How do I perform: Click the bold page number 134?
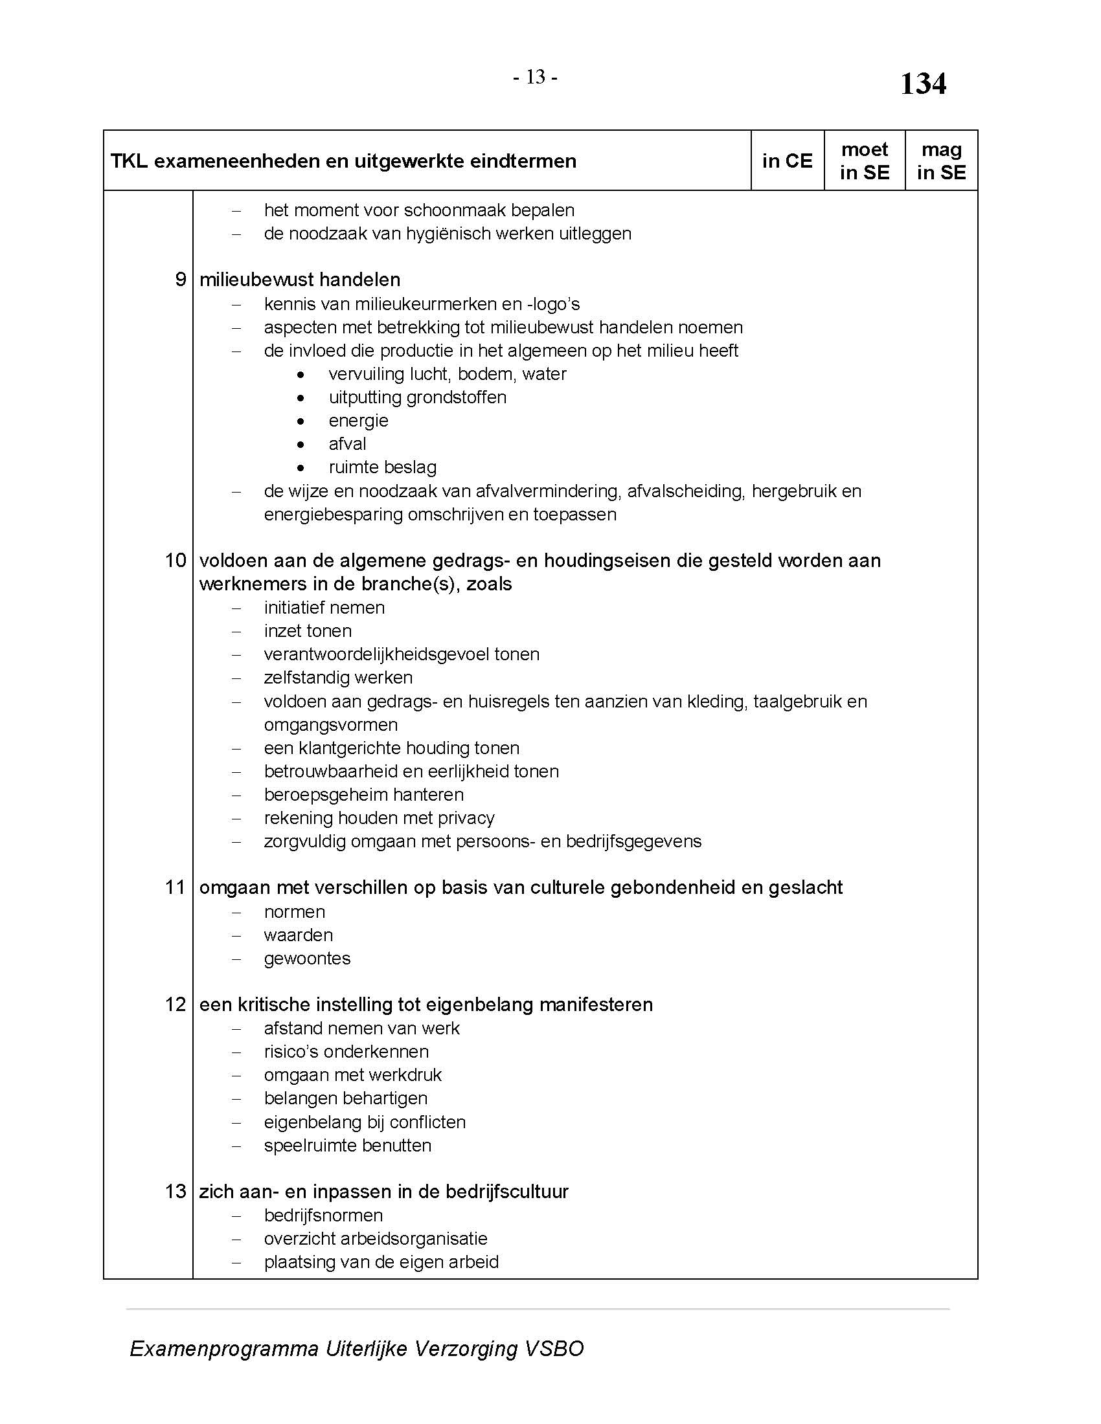click(x=923, y=84)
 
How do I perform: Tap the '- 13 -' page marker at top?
click(x=535, y=78)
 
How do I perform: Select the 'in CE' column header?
click(x=788, y=161)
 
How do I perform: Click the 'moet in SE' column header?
click(x=864, y=161)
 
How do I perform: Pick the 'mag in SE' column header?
click(x=941, y=161)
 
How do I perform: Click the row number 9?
click(x=181, y=280)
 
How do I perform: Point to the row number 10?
click(x=176, y=560)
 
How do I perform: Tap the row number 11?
click(x=176, y=887)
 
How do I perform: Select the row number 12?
click(x=176, y=1004)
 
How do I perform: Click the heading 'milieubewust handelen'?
click(x=299, y=280)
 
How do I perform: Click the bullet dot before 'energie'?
click(x=300, y=421)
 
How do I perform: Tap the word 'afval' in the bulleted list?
click(x=347, y=444)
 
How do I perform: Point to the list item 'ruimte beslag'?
click(x=382, y=467)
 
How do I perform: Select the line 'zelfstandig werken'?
click(x=338, y=678)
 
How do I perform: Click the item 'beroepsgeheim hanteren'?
click(x=363, y=795)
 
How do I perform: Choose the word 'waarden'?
click(x=298, y=935)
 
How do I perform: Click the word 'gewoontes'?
click(x=306, y=959)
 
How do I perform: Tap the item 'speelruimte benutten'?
click(x=347, y=1146)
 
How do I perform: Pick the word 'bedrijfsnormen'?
click(x=323, y=1216)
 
